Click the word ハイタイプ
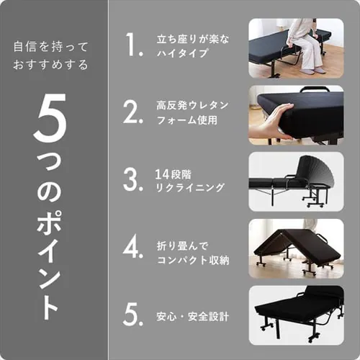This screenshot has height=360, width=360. coord(181,53)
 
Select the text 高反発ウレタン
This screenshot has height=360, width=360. coord(192,105)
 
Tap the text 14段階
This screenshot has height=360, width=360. coord(174,172)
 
